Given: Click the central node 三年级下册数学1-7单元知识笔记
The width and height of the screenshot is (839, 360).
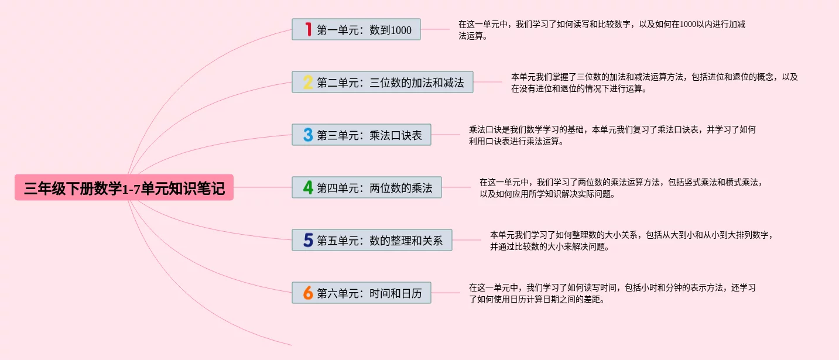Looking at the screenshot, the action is pos(124,188).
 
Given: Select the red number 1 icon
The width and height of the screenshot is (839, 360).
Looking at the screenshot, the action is pos(308,29).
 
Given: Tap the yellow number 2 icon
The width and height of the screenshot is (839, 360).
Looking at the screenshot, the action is pos(308,82).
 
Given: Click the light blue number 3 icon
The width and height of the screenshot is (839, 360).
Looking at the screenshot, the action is pos(308,135).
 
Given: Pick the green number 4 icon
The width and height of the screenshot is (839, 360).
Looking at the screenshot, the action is pos(308,187).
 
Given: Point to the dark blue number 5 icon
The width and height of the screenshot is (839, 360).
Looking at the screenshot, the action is pos(308,240).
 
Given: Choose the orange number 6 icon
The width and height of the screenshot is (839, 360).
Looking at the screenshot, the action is pos(308,293).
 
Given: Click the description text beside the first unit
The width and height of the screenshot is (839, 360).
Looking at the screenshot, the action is pos(601,30).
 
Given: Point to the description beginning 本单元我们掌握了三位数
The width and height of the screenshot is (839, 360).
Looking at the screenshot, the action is pos(654,83).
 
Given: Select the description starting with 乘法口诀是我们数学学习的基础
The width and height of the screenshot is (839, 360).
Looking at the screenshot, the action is pos(612,135).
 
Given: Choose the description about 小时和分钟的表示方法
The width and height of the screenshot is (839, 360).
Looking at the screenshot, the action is pos(612,293).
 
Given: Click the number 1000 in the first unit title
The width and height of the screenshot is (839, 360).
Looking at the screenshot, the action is pos(401,30).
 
